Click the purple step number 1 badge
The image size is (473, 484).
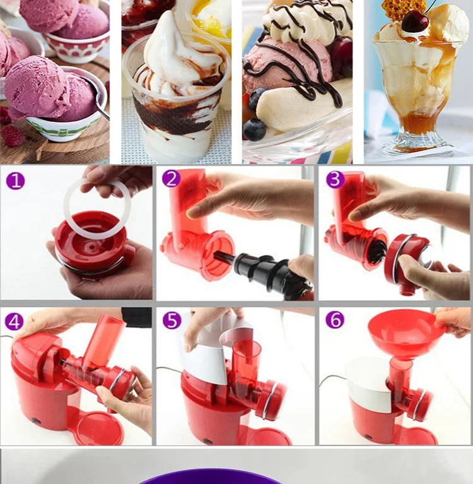15,181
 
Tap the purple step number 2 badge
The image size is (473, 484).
171,179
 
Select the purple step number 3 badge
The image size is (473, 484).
335,179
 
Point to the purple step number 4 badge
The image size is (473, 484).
15,321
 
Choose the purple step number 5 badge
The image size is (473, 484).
172,320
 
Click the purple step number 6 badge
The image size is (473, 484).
335,319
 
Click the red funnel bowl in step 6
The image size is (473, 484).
401,332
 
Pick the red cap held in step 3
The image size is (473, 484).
407,259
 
